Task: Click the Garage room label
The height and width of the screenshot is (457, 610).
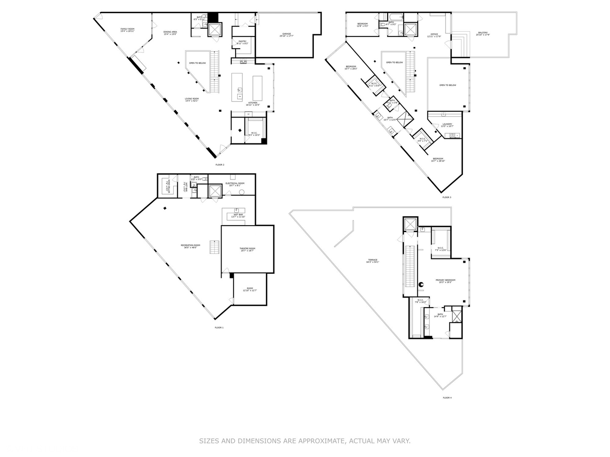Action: (287, 35)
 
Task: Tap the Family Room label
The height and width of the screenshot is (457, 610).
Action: (127, 30)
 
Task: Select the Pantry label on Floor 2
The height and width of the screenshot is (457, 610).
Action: (242, 42)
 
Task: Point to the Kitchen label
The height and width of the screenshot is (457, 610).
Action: (253, 104)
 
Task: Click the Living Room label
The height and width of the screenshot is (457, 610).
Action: (191, 100)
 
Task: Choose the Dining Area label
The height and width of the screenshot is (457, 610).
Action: (170, 33)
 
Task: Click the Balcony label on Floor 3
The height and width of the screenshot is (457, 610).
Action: (482, 33)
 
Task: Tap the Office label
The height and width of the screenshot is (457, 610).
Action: (434, 35)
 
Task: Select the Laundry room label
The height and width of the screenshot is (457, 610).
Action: (447, 125)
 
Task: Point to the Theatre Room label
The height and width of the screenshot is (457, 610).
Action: (247, 250)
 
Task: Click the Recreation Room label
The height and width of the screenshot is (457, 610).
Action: (190, 246)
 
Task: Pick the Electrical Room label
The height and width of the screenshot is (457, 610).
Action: (235, 184)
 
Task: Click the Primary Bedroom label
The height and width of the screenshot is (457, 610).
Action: (446, 281)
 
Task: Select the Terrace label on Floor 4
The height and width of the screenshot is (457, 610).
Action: (372, 261)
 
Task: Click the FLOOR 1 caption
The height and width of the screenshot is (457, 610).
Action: (219, 328)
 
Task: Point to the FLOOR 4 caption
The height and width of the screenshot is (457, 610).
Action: (447, 398)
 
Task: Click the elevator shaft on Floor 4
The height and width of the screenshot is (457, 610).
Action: (410, 224)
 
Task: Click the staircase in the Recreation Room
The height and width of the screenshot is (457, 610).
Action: (215, 247)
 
